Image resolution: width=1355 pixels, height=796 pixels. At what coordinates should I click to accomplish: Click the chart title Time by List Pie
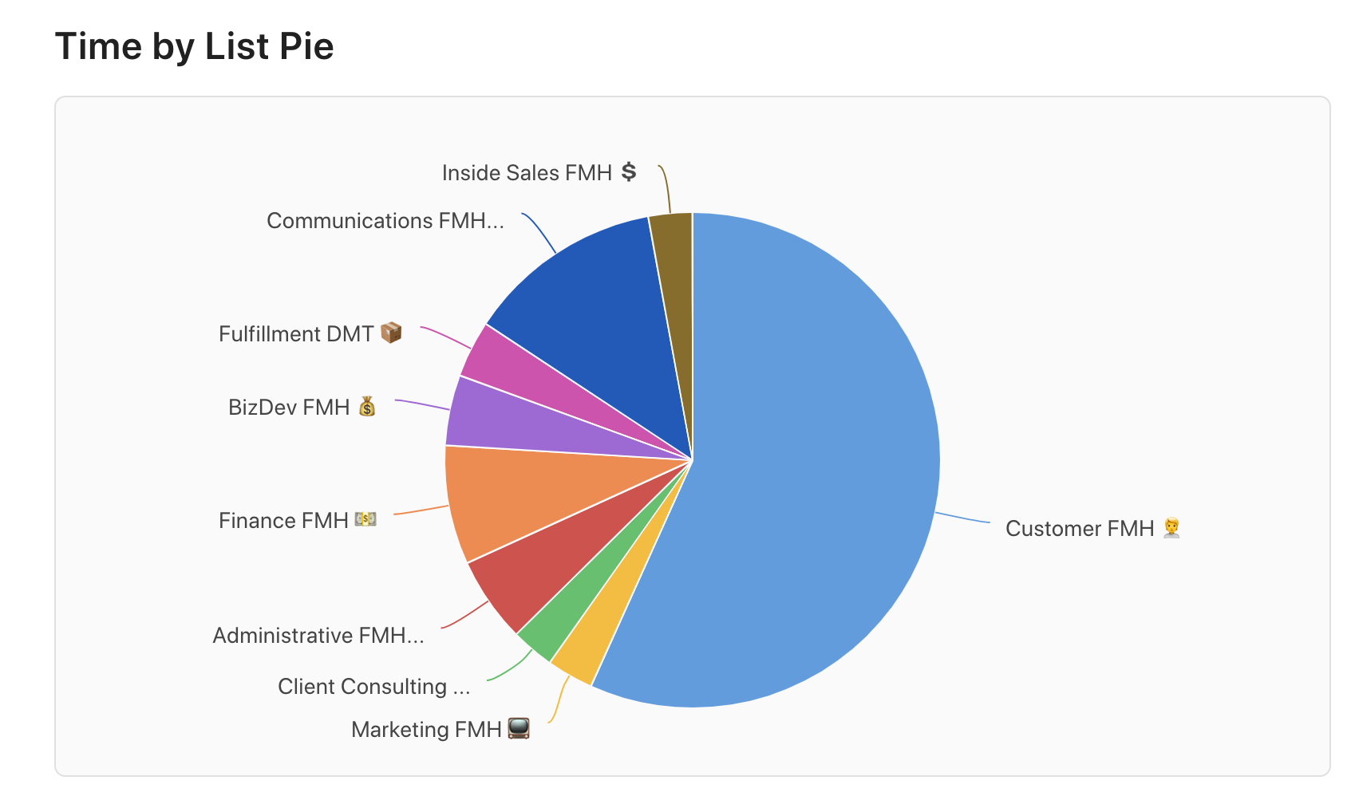point(194,46)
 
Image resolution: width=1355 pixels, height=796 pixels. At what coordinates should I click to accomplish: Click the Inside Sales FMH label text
point(527,173)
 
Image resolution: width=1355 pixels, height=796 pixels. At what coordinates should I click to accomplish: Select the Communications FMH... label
point(385,221)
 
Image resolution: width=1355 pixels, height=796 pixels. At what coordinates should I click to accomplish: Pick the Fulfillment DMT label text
point(296,334)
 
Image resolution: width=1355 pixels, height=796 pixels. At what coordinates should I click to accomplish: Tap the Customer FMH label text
point(1080,529)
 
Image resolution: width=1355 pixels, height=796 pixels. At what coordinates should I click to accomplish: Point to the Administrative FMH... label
point(318,636)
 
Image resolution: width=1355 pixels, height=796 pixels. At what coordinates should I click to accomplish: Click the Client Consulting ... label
point(373,687)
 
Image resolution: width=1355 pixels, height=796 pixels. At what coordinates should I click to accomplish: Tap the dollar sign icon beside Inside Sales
point(629,171)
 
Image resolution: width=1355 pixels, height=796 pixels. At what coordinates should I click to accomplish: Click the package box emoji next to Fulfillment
point(391,333)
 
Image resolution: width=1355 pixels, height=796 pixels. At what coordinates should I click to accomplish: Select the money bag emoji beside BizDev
point(366,407)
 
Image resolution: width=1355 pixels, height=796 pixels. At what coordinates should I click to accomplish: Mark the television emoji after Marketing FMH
point(519,728)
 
